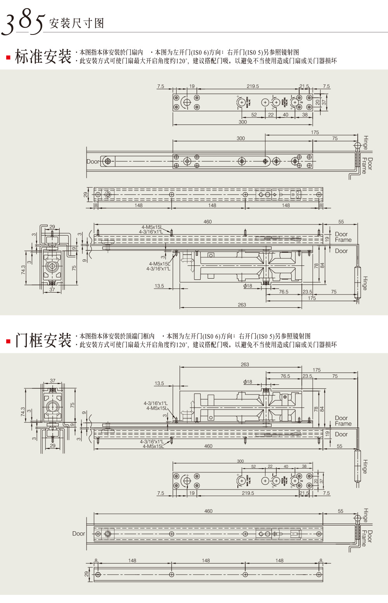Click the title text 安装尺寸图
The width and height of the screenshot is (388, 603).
point(76,24)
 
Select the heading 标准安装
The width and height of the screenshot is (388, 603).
point(43,57)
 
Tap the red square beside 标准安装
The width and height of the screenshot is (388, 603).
point(8,58)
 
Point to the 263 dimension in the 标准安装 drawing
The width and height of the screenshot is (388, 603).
point(242,305)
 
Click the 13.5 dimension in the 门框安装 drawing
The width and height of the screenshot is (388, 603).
point(159,383)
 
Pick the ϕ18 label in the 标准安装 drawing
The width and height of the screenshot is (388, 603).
point(248,286)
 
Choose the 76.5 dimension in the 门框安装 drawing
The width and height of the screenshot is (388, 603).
point(285,376)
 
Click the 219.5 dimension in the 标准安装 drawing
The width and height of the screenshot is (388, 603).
point(253,86)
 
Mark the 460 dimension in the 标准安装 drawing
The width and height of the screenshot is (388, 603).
point(208,222)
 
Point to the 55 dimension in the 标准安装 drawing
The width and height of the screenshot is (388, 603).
point(341,222)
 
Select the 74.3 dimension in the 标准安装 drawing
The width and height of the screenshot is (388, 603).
point(24,269)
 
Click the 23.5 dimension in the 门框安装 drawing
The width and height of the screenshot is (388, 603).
point(307,376)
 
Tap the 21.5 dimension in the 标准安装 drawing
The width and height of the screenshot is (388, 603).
point(304,86)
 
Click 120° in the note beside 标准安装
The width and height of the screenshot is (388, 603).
point(181,61)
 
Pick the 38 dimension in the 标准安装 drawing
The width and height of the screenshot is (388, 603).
point(305,115)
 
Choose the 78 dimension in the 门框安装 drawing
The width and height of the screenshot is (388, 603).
point(316,409)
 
